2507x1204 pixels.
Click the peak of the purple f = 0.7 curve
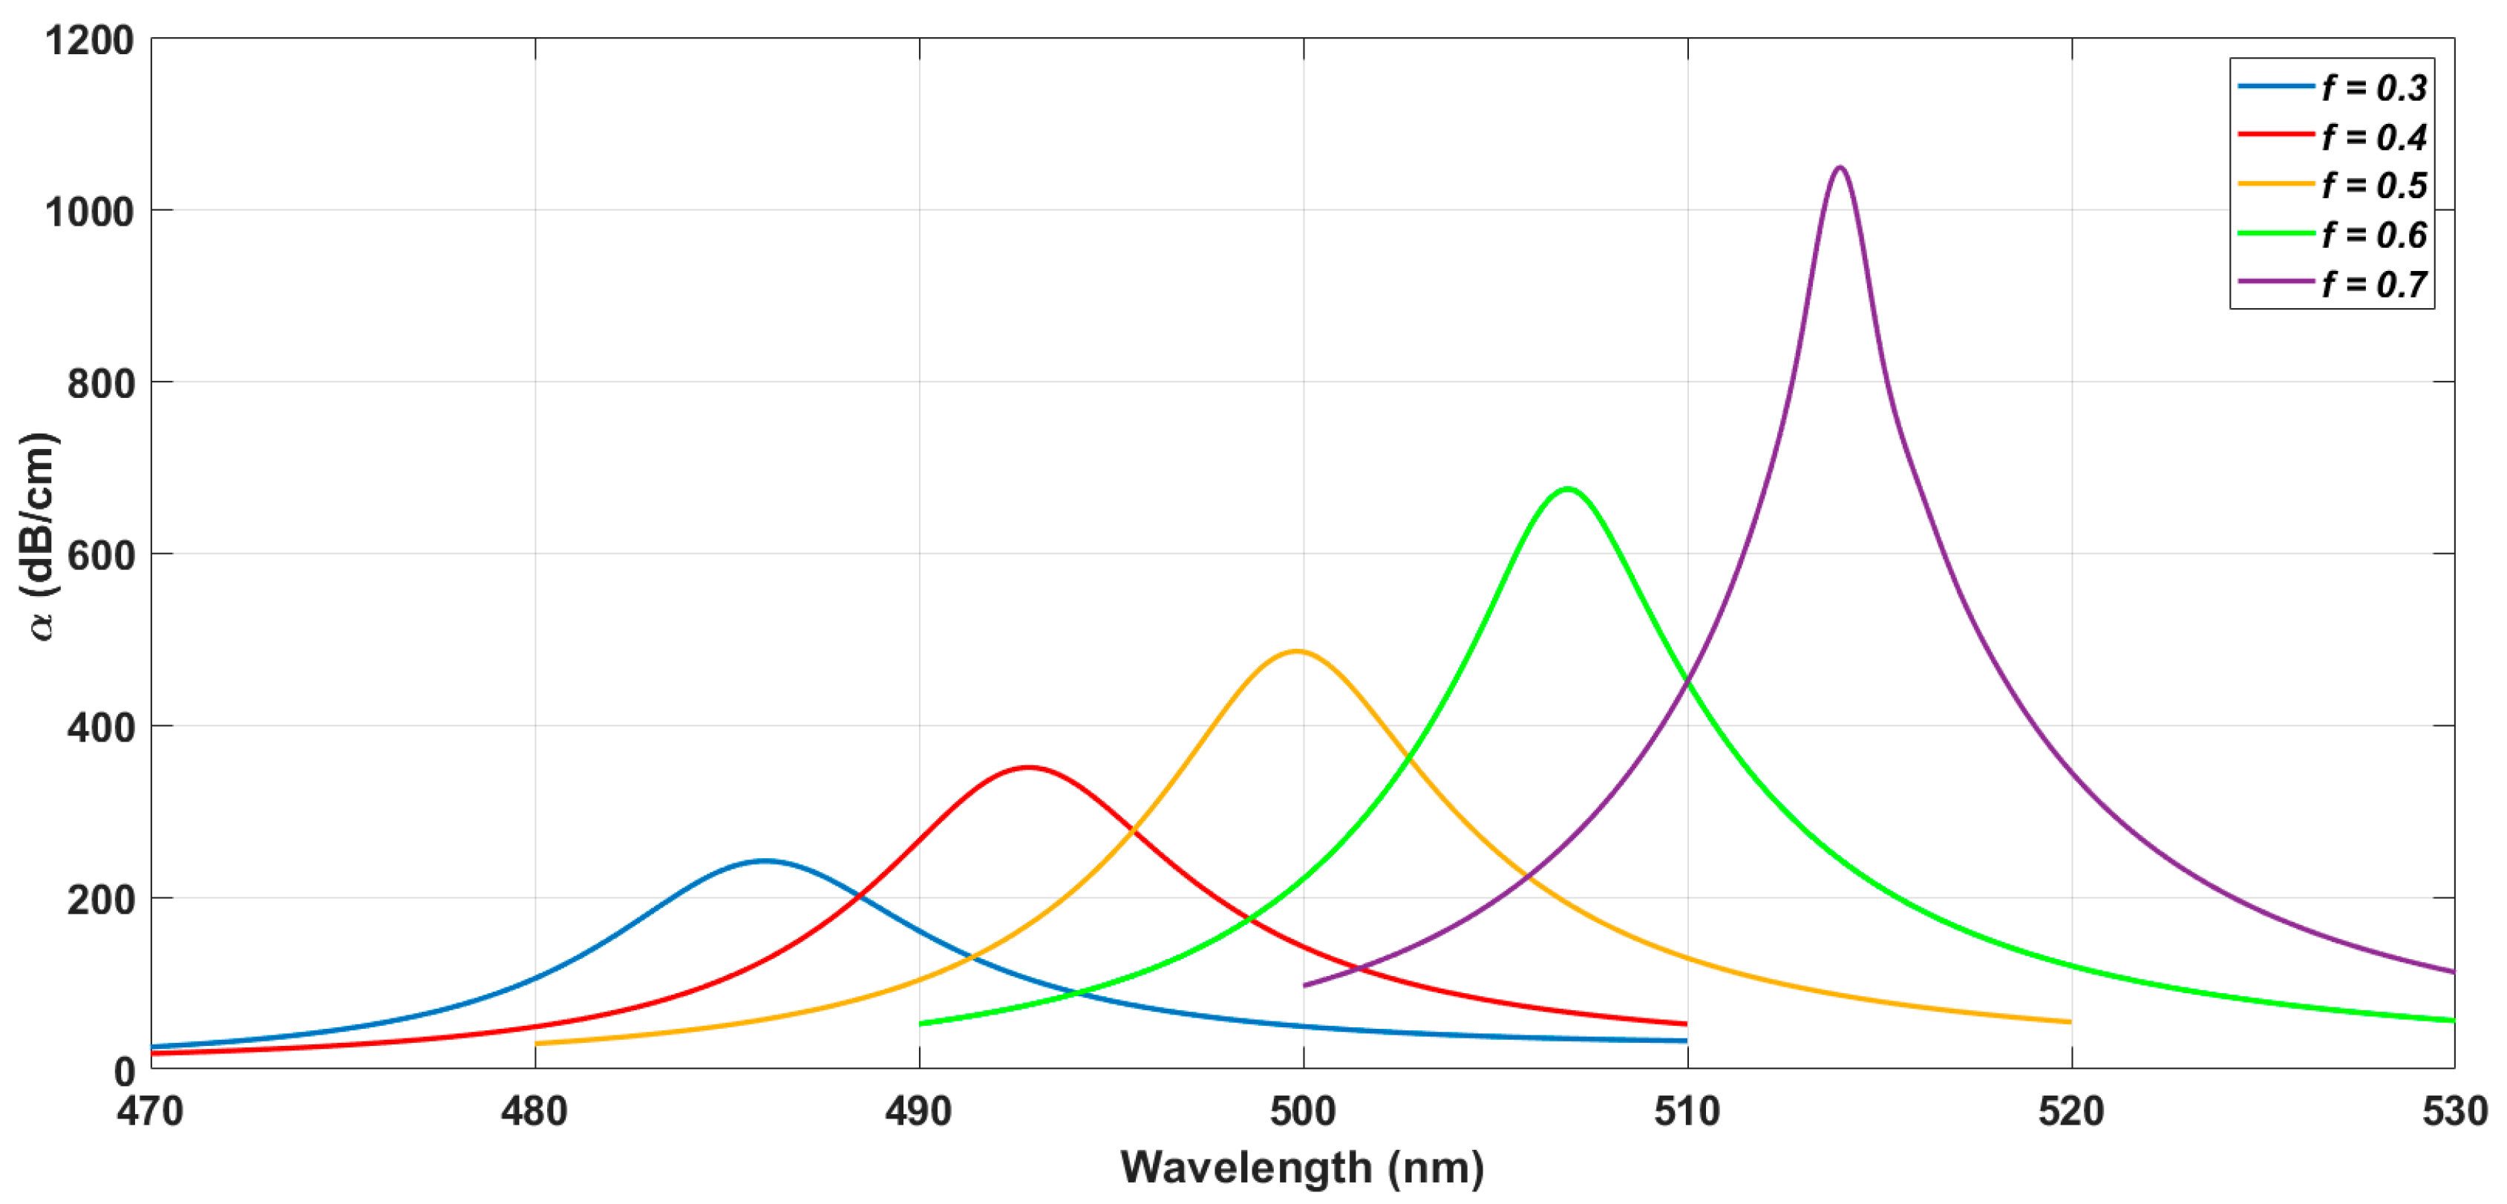(x=1838, y=169)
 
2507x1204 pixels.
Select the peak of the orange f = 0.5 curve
(x=1296, y=651)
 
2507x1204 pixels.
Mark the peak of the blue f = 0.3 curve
(x=766, y=860)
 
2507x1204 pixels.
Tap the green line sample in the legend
(x=2275, y=234)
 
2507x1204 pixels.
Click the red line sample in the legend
(x=2275, y=134)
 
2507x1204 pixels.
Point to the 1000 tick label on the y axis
(x=90, y=212)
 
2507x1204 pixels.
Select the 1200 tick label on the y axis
(x=90, y=41)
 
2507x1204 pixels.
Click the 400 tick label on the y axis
(x=100, y=727)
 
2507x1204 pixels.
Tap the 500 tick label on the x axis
(x=1303, y=1111)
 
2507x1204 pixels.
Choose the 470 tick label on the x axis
(x=150, y=1111)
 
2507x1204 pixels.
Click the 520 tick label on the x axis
(x=2071, y=1111)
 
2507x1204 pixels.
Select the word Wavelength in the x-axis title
(x=1246, y=1167)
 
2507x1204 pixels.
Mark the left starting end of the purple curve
(x=1305, y=985)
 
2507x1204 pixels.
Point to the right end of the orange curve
(x=2069, y=1022)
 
